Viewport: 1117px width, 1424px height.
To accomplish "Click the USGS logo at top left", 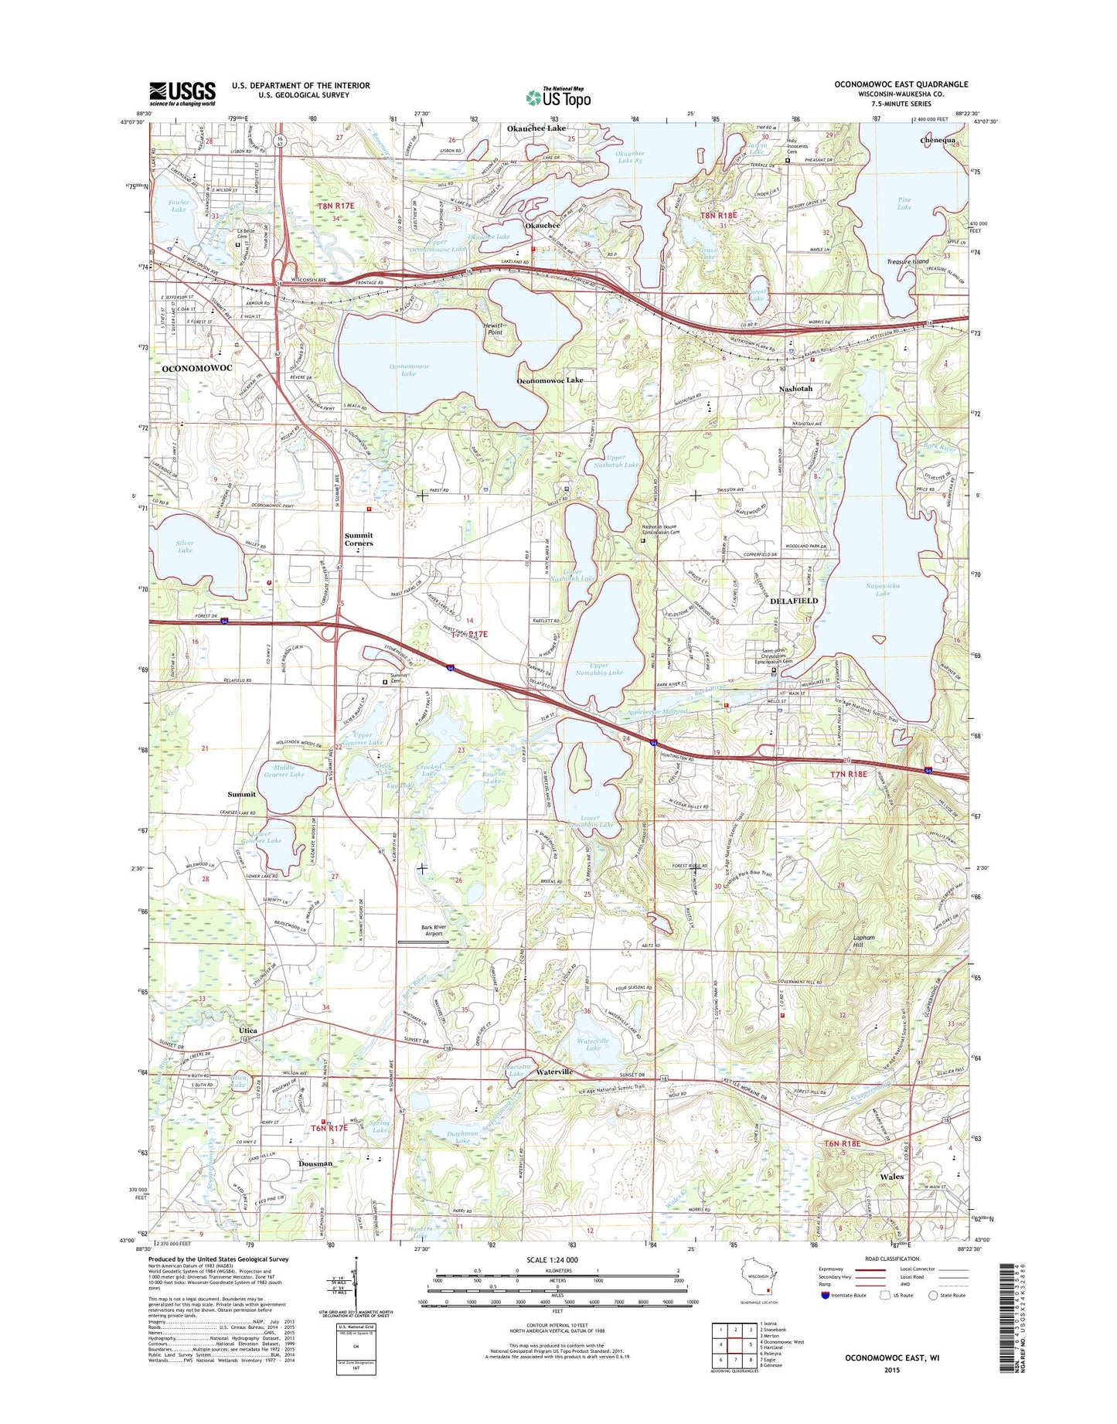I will pos(182,94).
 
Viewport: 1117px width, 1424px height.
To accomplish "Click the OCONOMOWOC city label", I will pos(197,369).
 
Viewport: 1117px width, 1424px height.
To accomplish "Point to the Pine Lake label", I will pos(904,203).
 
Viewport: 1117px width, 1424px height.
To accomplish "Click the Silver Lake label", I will pos(185,547).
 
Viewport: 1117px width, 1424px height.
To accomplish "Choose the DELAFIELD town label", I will pos(794,601).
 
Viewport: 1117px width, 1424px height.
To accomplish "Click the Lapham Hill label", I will pos(863,941).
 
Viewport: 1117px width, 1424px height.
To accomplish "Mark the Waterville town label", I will pos(555,1072).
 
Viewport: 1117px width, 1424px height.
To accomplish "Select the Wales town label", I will pos(891,1177).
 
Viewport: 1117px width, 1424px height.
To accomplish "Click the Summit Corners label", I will pos(359,539).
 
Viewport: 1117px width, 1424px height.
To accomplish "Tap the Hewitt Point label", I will pos(495,329).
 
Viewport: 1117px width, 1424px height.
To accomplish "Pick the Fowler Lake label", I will pos(179,206).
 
